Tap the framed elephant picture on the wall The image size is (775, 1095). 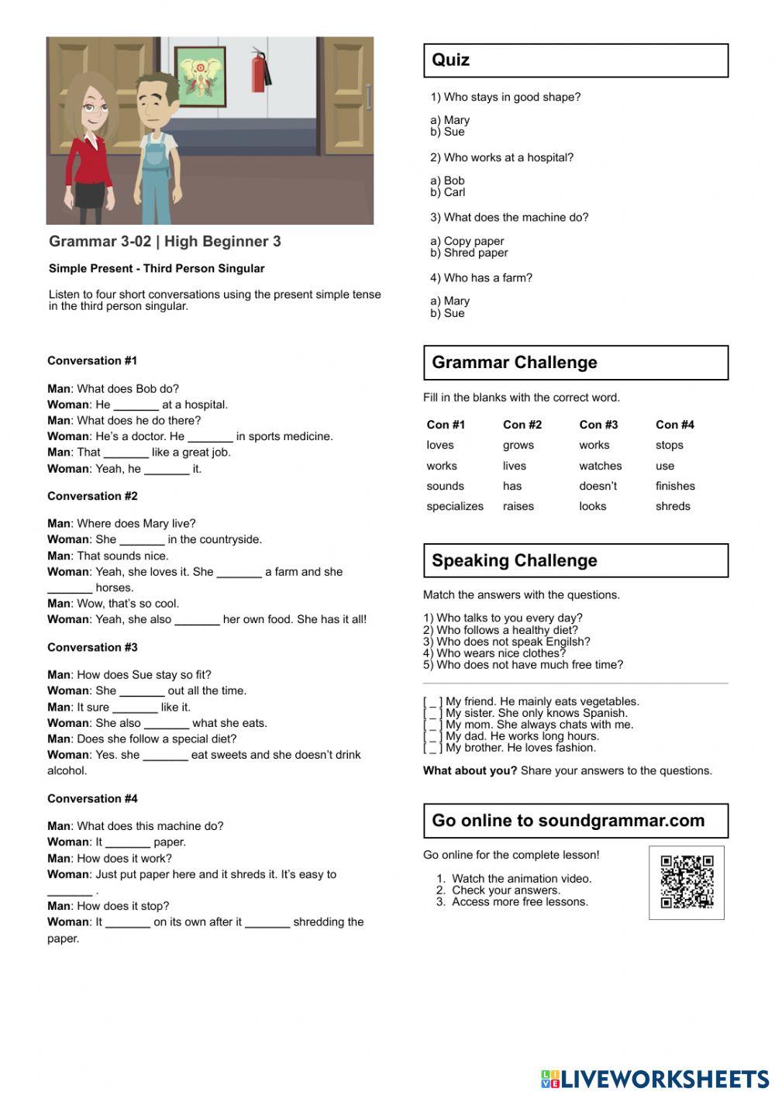(201, 76)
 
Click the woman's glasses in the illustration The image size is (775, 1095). (94, 108)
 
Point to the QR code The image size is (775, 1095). (687, 882)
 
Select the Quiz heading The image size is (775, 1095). (451, 60)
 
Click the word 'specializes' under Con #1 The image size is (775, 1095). (455, 507)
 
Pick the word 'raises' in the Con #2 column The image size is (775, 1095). (518, 507)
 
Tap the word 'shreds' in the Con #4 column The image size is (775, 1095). (673, 507)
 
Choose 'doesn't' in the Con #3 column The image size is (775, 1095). (598, 487)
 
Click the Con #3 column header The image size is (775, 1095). (598, 425)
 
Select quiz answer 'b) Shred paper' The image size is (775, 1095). (470, 253)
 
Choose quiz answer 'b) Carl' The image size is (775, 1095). (448, 192)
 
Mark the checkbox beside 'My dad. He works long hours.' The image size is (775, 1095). (433, 736)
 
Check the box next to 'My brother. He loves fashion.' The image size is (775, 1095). (433, 748)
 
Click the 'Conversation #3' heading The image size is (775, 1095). (92, 647)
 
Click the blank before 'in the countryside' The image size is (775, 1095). (142, 541)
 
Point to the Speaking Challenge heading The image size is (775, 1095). (515, 560)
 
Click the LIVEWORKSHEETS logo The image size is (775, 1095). (655, 1079)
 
